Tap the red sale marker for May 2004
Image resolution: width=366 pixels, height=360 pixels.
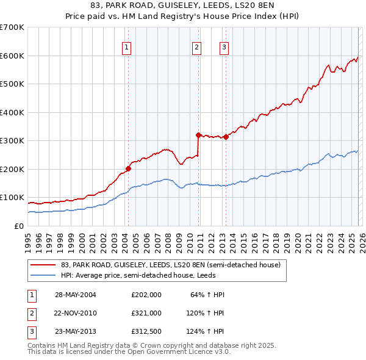click(x=128, y=168)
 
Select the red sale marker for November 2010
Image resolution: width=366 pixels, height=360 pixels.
click(x=198, y=135)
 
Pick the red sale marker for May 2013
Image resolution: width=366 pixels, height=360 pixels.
click(x=226, y=137)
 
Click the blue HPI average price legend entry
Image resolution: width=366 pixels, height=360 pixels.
click(x=147, y=276)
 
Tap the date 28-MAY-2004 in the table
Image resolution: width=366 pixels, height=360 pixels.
click(x=75, y=295)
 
